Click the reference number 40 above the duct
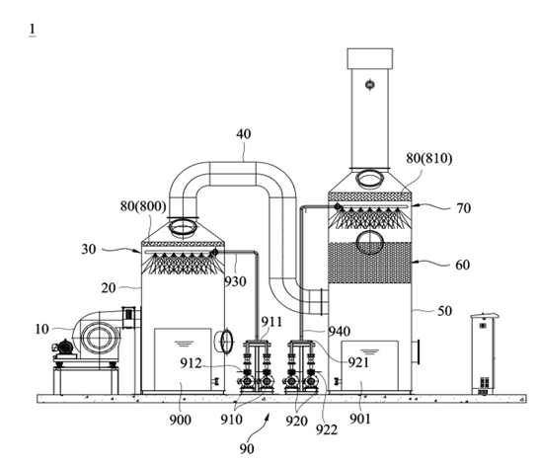point(244,134)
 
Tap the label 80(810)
point(428,158)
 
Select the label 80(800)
point(143,206)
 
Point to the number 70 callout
point(463,208)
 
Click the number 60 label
point(463,265)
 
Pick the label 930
point(236,281)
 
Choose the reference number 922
point(327,429)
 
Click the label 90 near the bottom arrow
point(247,449)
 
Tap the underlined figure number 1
point(33,30)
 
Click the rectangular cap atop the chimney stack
point(370,58)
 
